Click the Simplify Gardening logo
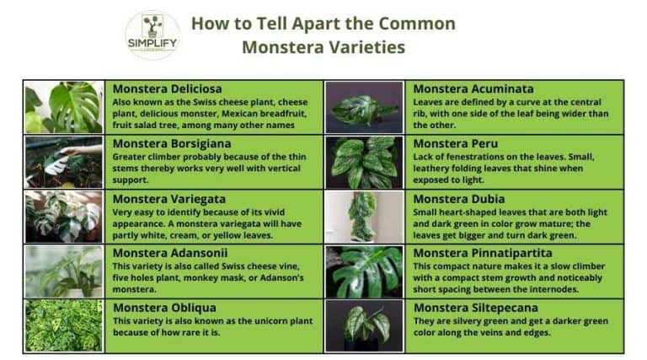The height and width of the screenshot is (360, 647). point(152,35)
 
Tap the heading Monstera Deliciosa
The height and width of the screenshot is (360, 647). point(168,89)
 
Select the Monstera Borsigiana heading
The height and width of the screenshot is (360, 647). point(172,143)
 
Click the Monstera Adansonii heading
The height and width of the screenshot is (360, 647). point(169,253)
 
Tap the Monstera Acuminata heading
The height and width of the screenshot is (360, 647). point(473,89)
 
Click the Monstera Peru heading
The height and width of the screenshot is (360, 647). point(455,143)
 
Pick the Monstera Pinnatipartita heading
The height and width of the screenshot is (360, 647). point(483,253)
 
